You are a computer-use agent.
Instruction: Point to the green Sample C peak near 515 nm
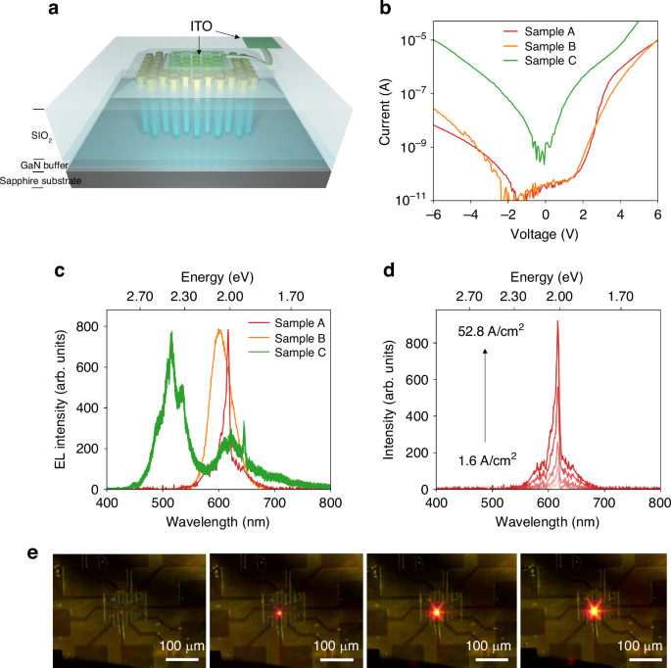(x=172, y=333)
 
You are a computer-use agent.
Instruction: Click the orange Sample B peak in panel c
(x=219, y=330)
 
